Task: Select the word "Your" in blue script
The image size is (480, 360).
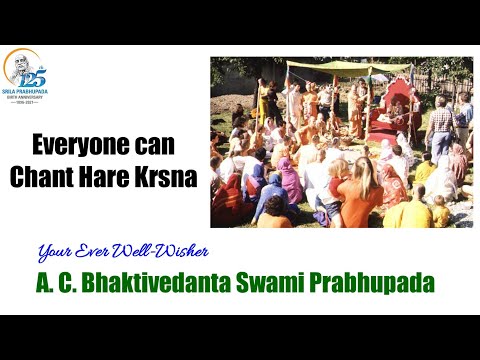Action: [55, 252]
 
